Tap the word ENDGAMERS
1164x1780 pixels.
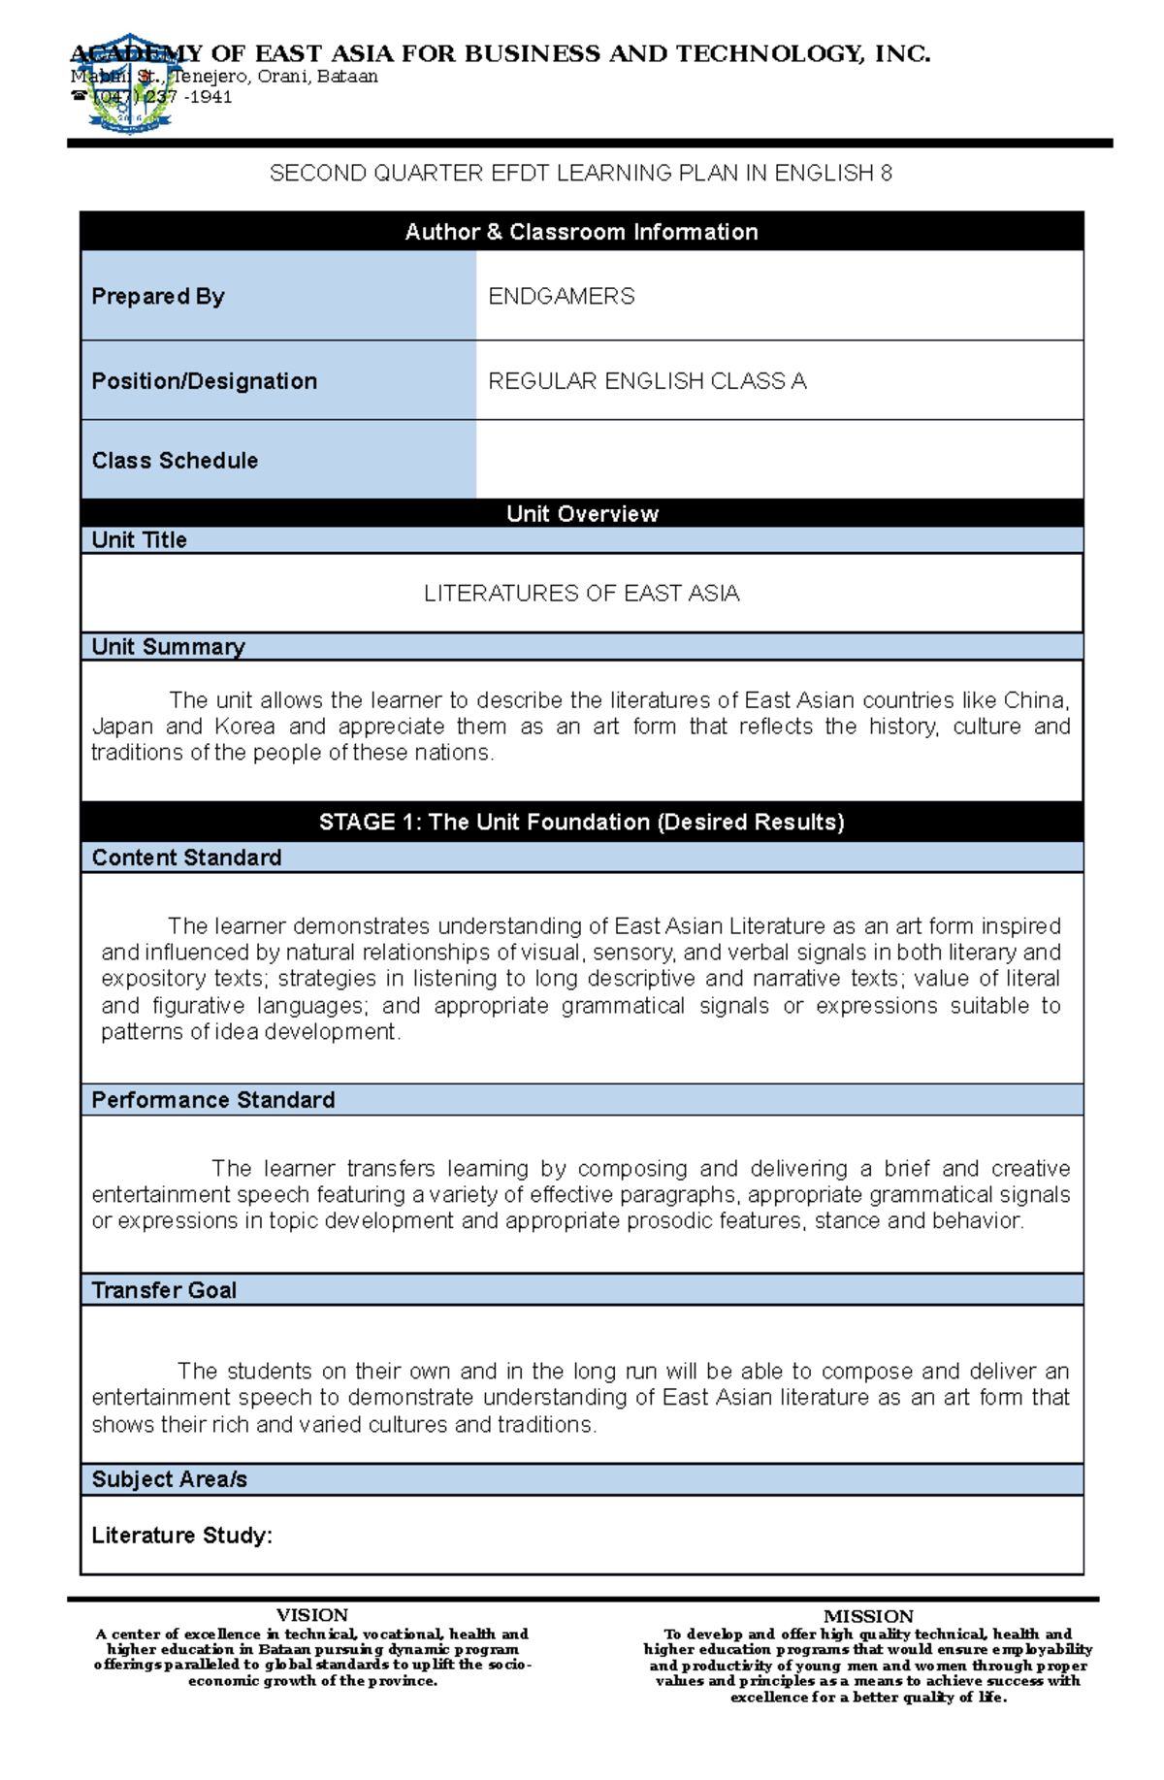coord(561,296)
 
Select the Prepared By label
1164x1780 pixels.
coord(157,296)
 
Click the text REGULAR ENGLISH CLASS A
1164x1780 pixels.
coord(647,381)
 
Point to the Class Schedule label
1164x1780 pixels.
coord(175,461)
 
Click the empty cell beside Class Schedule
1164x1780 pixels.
coord(779,460)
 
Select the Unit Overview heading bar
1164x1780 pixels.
coord(582,514)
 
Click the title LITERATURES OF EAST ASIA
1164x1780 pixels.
coord(581,594)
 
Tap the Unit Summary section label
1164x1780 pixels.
coord(168,647)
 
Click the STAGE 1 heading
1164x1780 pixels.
coord(581,823)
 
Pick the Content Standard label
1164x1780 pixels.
coord(186,858)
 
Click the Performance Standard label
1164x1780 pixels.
coord(212,1100)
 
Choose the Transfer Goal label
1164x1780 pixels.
coord(163,1290)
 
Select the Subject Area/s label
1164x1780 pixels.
coord(169,1479)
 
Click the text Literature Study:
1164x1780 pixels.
coord(181,1536)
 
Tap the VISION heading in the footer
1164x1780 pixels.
coord(311,1615)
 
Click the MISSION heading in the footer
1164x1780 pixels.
coord(868,1616)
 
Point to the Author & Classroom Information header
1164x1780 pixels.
coord(581,232)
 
